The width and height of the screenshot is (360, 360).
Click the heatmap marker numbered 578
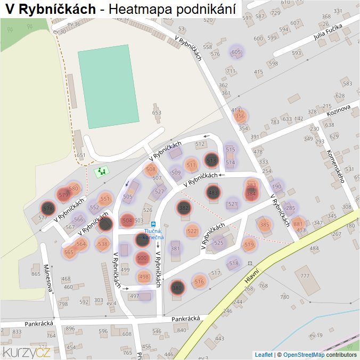[x=47, y=208]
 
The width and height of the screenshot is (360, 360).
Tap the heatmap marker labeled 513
[x=211, y=159]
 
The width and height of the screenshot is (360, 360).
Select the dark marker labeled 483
[x=213, y=192]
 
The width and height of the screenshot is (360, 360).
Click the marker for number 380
[x=177, y=288]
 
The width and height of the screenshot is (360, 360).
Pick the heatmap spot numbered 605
[x=236, y=52]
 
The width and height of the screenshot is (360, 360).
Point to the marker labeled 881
[x=298, y=224]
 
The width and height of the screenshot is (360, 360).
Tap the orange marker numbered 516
[x=199, y=282]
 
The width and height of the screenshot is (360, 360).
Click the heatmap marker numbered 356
[x=240, y=116]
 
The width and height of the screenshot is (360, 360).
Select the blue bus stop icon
[x=153, y=224]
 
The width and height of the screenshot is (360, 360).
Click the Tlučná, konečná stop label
[x=153, y=234]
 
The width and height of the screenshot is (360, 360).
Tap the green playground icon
[x=101, y=171]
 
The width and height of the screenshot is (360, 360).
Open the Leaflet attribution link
[x=264, y=355]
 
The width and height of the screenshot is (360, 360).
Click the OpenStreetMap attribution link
[x=304, y=355]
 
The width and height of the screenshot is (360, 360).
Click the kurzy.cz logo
[x=27, y=352]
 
